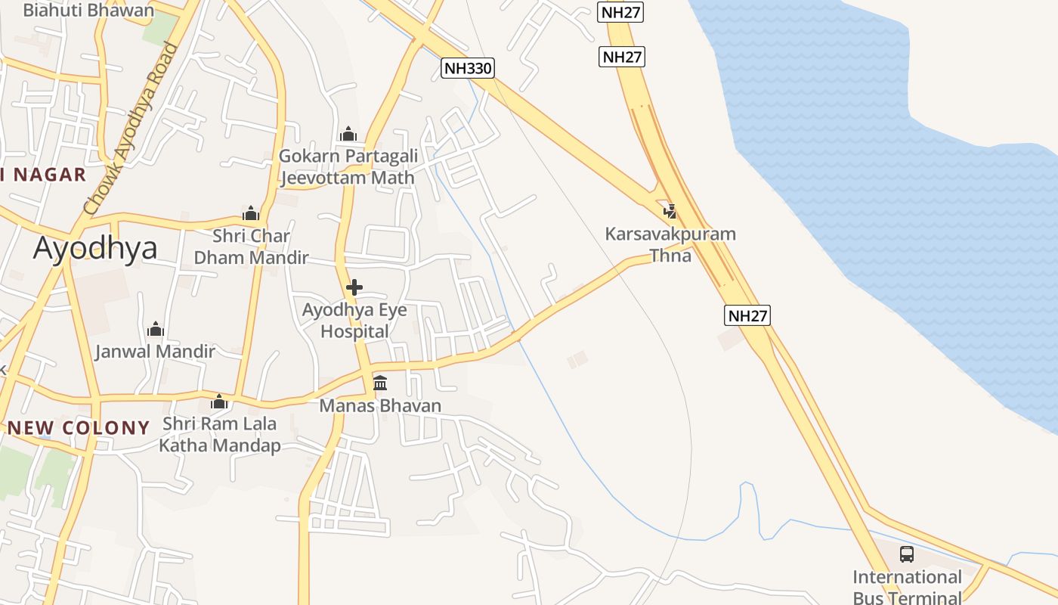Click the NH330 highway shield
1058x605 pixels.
(468, 69)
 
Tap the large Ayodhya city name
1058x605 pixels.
(95, 248)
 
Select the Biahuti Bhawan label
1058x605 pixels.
(88, 11)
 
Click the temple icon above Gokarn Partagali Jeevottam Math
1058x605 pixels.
(348, 134)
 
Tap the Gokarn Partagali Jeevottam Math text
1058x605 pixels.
(348, 167)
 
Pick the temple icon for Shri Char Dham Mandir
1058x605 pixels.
(251, 214)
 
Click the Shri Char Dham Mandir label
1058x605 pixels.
(251, 247)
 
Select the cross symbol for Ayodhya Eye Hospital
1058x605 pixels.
(354, 287)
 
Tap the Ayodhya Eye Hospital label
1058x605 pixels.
(354, 321)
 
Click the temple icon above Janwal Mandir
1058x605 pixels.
(156, 329)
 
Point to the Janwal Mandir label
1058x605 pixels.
(155, 352)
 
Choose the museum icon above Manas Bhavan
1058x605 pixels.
(380, 383)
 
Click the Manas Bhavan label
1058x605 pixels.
(380, 406)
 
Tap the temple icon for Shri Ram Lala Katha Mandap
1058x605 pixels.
(219, 402)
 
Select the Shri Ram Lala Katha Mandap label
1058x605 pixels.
(219, 435)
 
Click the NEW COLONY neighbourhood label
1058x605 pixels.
(79, 428)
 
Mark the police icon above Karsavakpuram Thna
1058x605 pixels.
(670, 211)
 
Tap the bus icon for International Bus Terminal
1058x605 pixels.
(907, 554)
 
